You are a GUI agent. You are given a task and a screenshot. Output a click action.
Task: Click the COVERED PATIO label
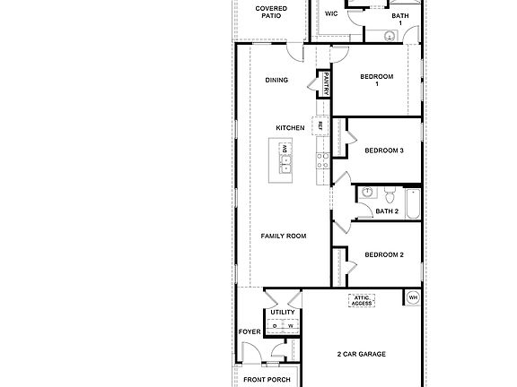pyautogui.click(x=272, y=12)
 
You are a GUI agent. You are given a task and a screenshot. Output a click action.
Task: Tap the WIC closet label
pyautogui.click(x=330, y=14)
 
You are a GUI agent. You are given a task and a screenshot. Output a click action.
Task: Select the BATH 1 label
pyautogui.click(x=399, y=20)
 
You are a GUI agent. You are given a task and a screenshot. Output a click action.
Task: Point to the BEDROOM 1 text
pyautogui.click(x=377, y=80)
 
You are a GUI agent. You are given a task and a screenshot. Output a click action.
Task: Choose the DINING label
pyautogui.click(x=276, y=81)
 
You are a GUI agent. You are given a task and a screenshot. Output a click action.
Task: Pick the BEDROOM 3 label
pyautogui.click(x=383, y=150)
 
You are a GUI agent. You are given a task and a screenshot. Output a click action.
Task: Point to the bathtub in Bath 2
pyautogui.click(x=412, y=203)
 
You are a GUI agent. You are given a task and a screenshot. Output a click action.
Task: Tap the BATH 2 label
pyautogui.click(x=387, y=211)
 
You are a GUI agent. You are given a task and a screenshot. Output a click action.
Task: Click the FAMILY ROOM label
pyautogui.click(x=284, y=236)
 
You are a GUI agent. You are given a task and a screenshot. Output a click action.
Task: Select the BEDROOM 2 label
pyautogui.click(x=383, y=254)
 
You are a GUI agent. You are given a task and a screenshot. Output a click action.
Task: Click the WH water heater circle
pyautogui.click(x=413, y=297)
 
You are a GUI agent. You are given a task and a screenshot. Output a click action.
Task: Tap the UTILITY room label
pyautogui.click(x=283, y=313)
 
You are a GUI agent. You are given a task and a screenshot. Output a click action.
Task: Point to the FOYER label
pyautogui.click(x=250, y=332)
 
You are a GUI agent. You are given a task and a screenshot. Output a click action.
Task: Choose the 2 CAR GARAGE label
pyautogui.click(x=361, y=354)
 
